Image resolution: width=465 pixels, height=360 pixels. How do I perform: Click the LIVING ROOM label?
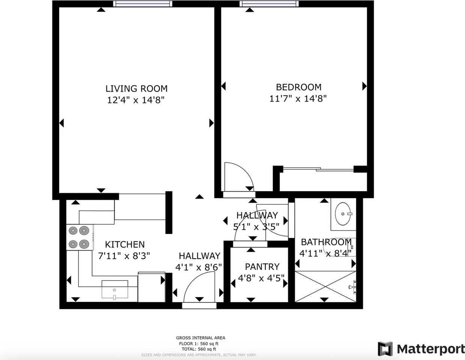coord(136,88)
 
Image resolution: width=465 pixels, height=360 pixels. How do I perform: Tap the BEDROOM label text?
coord(298,87)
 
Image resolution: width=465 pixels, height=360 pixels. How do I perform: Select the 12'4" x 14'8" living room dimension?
coord(136,100)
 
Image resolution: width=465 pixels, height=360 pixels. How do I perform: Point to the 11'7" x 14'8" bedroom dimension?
coord(298,99)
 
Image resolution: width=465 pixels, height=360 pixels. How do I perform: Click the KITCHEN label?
coord(125,244)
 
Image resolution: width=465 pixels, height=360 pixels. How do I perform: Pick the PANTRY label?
coord(262,267)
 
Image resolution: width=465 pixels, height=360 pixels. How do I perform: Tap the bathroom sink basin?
coord(343,214)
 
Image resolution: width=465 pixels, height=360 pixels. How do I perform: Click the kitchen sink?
coord(115,289)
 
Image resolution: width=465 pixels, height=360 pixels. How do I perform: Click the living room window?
coord(143,4)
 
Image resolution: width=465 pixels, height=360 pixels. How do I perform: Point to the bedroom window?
coord(269,4)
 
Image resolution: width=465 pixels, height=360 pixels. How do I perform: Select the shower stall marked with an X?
coord(325,286)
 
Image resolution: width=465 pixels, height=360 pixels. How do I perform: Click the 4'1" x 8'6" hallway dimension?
coord(198,267)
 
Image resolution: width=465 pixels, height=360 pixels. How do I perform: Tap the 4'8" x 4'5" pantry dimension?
coord(261,278)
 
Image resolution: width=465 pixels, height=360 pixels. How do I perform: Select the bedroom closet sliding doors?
coord(318,169)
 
